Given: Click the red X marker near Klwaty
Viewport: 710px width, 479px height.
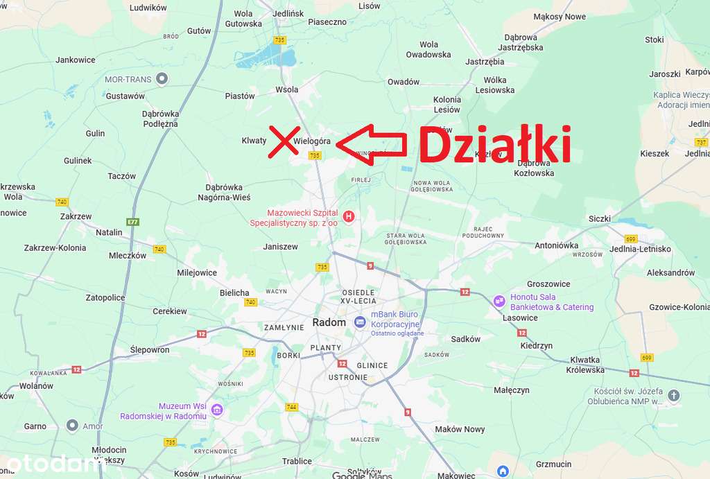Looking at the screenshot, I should pyautogui.click(x=284, y=141).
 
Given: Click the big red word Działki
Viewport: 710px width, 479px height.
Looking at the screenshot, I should pyautogui.click(x=494, y=145).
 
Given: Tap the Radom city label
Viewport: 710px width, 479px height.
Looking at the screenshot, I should pyautogui.click(x=329, y=322).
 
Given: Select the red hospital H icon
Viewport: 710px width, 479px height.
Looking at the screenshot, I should pyautogui.click(x=349, y=217).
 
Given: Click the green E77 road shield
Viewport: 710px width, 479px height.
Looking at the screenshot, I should pyautogui.click(x=133, y=222).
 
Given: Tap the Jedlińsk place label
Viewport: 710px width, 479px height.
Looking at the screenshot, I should pyautogui.click(x=288, y=13).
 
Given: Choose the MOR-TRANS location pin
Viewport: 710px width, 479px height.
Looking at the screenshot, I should pyautogui.click(x=162, y=79).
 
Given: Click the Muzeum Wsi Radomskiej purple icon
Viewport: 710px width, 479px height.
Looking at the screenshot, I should pyautogui.click(x=217, y=410).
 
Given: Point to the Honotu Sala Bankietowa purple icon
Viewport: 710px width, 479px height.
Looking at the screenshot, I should pyautogui.click(x=499, y=302).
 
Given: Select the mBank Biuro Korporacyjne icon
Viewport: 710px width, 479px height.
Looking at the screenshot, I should pyautogui.click(x=360, y=322).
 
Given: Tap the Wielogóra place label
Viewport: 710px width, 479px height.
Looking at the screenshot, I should pyautogui.click(x=312, y=141).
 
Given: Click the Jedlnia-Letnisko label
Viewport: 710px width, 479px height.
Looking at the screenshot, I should pyautogui.click(x=640, y=249).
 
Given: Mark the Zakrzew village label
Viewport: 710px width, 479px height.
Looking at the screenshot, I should pyautogui.click(x=76, y=216).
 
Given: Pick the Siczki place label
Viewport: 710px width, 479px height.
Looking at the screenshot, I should pyautogui.click(x=600, y=218).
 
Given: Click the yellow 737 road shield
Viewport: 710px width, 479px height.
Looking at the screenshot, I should pyautogui.click(x=701, y=141).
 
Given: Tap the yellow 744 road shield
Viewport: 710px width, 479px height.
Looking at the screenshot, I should pyautogui.click(x=291, y=407).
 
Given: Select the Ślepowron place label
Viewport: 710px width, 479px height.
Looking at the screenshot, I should pyautogui.click(x=150, y=350).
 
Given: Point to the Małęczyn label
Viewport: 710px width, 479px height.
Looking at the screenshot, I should pyautogui.click(x=512, y=390).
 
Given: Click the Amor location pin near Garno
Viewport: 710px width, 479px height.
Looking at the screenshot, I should pyautogui.click(x=72, y=425).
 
